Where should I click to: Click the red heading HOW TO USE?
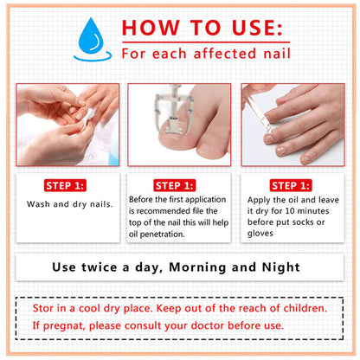click(x=202, y=28)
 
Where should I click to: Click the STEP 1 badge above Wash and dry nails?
click(x=67, y=185)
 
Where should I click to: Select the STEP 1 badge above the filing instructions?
click(x=178, y=185)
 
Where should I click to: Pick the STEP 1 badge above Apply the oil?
click(x=292, y=185)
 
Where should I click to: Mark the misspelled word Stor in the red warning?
click(x=46, y=307)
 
